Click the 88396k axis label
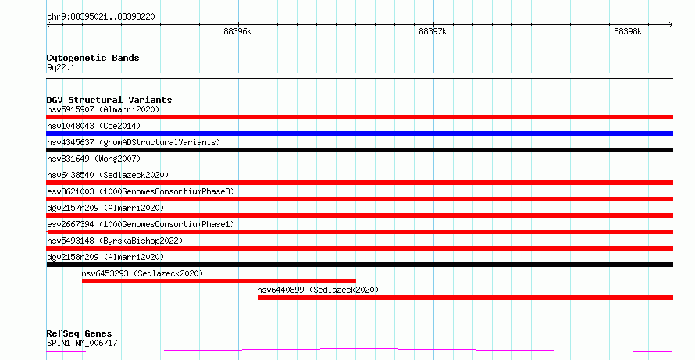237,31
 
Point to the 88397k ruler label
433,31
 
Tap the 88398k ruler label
628,31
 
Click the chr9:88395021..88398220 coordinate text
101,16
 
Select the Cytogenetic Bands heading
93,58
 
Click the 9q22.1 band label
61,68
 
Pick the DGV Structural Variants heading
109,100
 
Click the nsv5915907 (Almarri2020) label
103,109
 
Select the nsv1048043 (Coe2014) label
94,126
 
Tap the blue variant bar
360,134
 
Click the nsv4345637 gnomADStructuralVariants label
134,142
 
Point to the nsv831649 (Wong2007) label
94,159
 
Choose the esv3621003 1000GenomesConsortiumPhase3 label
141,191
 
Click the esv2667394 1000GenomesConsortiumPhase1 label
141,224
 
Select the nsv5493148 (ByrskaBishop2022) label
115,241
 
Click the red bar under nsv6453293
219,281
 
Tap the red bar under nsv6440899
465,298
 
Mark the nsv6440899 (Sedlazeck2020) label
318,290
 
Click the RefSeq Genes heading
80,333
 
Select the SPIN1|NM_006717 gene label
82,343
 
